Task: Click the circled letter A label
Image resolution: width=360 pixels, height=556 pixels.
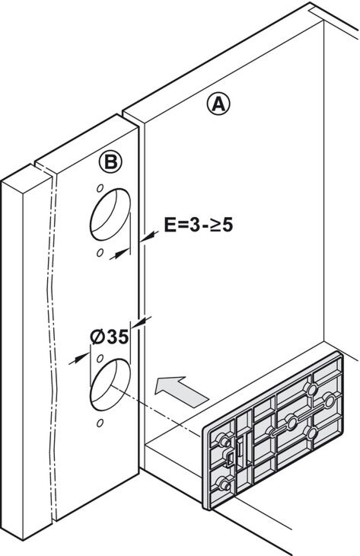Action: [x=218, y=104]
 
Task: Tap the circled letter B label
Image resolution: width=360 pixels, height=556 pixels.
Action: [x=110, y=162]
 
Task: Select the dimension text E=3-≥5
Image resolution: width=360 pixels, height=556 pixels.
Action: [x=199, y=225]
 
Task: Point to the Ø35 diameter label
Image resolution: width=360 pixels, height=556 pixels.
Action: [x=110, y=337]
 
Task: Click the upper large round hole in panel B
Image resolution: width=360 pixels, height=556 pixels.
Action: [x=110, y=215]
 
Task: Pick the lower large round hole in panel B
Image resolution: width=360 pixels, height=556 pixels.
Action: [x=110, y=385]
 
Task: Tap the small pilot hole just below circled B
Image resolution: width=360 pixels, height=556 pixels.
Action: [x=100, y=187]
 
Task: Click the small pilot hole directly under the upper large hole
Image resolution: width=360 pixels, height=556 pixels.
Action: [x=100, y=252]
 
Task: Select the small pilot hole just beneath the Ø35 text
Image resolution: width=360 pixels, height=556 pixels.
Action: [x=100, y=358]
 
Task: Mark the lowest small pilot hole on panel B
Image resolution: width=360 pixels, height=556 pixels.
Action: [x=100, y=423]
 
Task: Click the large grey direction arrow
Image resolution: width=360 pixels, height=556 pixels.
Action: [x=181, y=391]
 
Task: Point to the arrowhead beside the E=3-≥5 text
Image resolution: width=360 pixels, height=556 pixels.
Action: [x=149, y=236]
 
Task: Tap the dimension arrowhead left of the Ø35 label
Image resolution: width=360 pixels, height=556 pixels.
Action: [x=79, y=358]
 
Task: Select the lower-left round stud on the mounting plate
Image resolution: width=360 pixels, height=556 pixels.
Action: [x=224, y=484]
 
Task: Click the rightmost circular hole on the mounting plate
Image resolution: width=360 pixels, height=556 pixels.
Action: [x=330, y=401]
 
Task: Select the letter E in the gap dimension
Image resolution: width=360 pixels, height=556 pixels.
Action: [x=170, y=225]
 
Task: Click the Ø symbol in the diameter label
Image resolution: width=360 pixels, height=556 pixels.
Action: [x=97, y=337]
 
